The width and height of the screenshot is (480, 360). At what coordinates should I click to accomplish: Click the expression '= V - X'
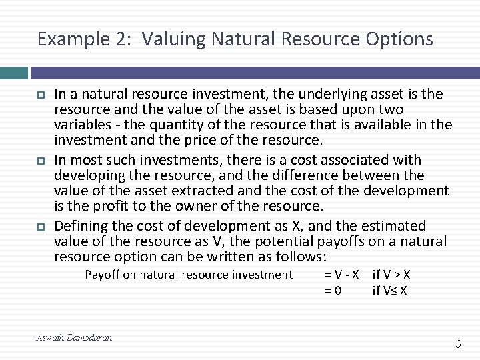342,275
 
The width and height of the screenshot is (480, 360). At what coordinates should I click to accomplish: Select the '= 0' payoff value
333,290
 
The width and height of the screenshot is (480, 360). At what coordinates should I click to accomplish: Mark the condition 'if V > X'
391,275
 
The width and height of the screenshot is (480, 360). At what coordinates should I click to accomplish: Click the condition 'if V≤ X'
390,290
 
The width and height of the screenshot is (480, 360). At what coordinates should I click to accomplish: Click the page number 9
459,344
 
